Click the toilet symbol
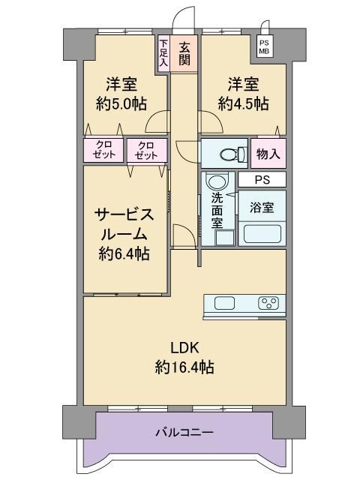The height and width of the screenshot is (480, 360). tap(233, 154)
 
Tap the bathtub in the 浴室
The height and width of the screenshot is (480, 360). tap(262, 234)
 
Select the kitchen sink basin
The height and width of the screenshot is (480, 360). tap(225, 303)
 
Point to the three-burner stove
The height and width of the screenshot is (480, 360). tap(268, 303)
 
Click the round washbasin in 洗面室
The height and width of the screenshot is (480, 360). tap(217, 181)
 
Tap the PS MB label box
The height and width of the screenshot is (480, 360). tap(264, 47)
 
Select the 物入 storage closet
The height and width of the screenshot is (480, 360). tap(268, 153)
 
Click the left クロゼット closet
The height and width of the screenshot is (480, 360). tap(103, 150)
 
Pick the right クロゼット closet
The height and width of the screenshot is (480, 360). tap(147, 150)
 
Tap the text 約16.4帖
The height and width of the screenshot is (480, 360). tap(184, 367)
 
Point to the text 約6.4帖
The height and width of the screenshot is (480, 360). tap(124, 253)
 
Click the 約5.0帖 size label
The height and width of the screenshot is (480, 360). tap(121, 103)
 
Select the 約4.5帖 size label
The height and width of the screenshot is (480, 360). tap(243, 103)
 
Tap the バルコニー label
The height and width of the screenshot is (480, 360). tap(184, 433)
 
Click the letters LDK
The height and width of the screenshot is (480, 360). tap(185, 348)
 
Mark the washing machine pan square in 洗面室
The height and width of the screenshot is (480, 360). tap(225, 238)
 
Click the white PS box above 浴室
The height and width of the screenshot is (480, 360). tap(262, 179)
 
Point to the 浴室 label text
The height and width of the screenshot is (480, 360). tap(262, 208)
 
